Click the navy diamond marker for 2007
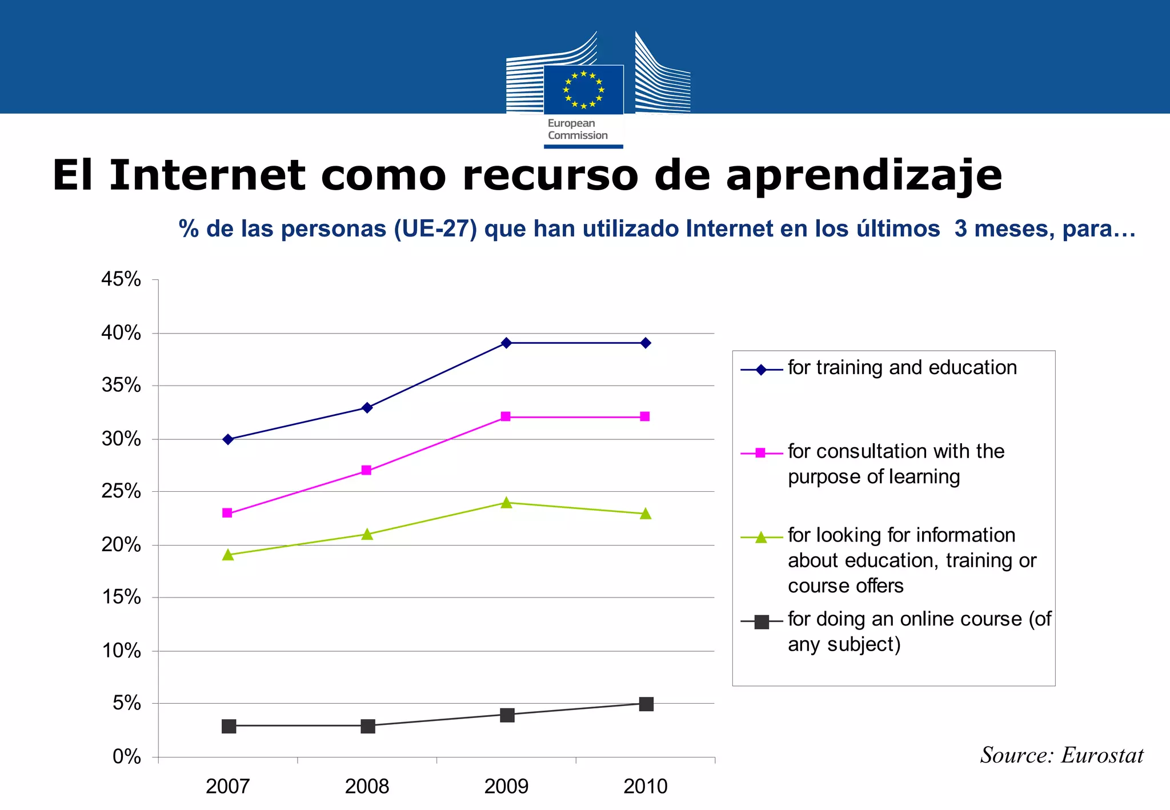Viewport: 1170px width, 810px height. (x=228, y=439)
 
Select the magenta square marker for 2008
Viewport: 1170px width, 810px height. (x=367, y=470)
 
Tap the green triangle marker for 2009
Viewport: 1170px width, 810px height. (x=506, y=503)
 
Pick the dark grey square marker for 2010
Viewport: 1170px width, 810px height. (x=646, y=704)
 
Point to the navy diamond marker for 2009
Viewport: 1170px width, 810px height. (x=506, y=343)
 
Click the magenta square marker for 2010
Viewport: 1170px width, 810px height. (x=645, y=416)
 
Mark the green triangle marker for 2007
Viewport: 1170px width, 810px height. (x=228, y=555)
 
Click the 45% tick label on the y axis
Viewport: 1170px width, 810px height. (x=121, y=279)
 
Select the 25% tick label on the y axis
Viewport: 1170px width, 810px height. (x=121, y=491)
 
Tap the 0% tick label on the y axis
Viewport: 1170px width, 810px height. (x=126, y=757)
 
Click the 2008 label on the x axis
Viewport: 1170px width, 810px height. (x=367, y=787)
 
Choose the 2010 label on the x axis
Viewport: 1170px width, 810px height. (x=645, y=787)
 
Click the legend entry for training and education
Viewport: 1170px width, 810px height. (x=901, y=368)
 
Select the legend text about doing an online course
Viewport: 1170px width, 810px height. (x=919, y=631)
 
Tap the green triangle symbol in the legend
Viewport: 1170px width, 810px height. (x=761, y=538)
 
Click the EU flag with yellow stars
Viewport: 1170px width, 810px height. (x=583, y=90)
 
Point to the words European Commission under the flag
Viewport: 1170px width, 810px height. (x=577, y=130)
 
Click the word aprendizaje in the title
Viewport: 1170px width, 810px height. (x=864, y=175)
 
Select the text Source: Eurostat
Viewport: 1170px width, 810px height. (x=1061, y=755)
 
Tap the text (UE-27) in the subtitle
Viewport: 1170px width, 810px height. (x=435, y=229)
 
